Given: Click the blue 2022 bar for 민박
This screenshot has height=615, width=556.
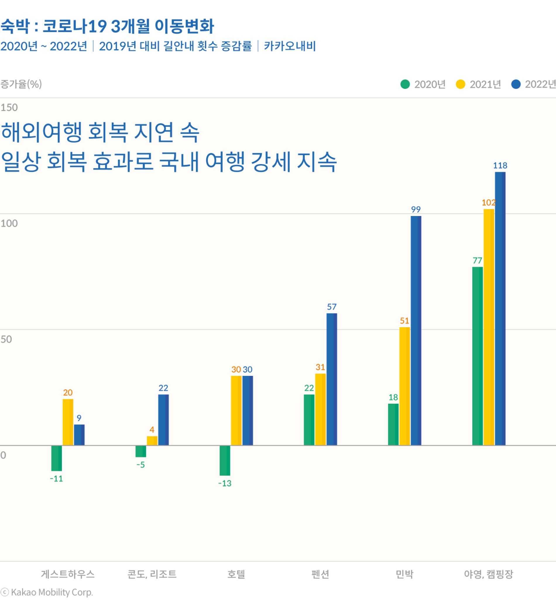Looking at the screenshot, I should (x=416, y=331).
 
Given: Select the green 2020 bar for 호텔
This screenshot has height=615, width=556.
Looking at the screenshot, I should (x=225, y=460).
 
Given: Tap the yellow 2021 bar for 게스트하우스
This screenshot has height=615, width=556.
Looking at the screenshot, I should (x=68, y=422).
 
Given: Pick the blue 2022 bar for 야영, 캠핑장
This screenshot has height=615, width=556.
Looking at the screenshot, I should (x=500, y=309).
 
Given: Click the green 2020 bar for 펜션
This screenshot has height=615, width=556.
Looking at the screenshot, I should (x=309, y=420).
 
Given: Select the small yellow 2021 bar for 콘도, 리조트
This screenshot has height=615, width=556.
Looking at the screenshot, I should (x=152, y=441).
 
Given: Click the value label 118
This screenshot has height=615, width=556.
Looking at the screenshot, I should (x=500, y=165).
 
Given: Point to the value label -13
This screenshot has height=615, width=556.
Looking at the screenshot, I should (x=225, y=484).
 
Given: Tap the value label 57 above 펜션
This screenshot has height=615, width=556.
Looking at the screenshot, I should (x=332, y=307).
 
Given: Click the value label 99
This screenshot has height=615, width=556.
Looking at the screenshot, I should (x=416, y=209).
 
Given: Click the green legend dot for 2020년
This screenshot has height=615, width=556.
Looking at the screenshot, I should (x=405, y=85).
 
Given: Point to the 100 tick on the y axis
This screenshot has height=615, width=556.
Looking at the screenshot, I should (x=9, y=223).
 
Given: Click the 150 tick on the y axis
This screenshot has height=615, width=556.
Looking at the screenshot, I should (x=9, y=107).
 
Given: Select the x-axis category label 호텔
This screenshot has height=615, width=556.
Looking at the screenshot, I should (x=236, y=574).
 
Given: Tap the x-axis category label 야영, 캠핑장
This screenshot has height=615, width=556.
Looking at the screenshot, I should (x=488, y=574).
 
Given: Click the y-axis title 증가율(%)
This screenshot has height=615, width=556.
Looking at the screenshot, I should (x=21, y=84).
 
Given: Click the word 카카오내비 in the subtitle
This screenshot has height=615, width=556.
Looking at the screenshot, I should (x=289, y=46).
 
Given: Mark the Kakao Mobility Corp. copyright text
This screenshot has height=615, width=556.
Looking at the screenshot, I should (x=47, y=592).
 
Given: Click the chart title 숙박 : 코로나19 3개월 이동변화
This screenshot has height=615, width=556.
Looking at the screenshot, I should (x=107, y=26).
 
